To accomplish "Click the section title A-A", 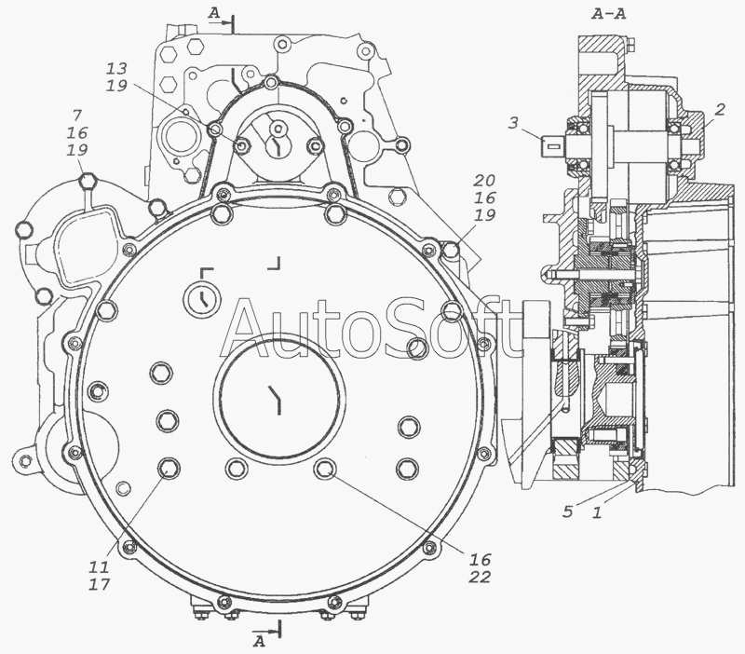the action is pyautogui.click(x=609, y=14).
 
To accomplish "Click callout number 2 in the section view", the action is pyautogui.click(x=719, y=110).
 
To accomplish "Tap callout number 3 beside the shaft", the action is pyautogui.click(x=513, y=123).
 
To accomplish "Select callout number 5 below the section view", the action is pyautogui.click(x=567, y=511).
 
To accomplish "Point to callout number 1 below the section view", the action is pyautogui.click(x=597, y=511).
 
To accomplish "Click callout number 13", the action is pyautogui.click(x=116, y=69).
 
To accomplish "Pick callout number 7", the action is pyautogui.click(x=77, y=115).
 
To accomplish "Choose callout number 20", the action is pyautogui.click(x=483, y=181).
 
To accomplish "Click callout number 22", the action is pyautogui.click(x=480, y=577).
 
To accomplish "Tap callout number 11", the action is pyautogui.click(x=99, y=566).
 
